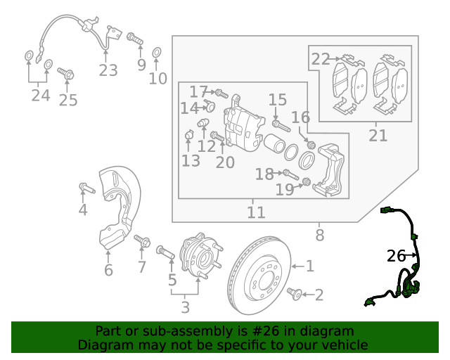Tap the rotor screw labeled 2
[x=295, y=293]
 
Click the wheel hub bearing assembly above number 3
[x=198, y=257]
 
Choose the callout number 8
[x=320, y=236]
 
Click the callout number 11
[x=256, y=212]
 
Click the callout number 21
[x=378, y=135]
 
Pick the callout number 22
[x=321, y=59]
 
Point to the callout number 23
[x=108, y=70]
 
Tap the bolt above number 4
[x=84, y=187]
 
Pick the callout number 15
[x=277, y=100]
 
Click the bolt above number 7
[x=141, y=241]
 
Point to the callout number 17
[x=198, y=91]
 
